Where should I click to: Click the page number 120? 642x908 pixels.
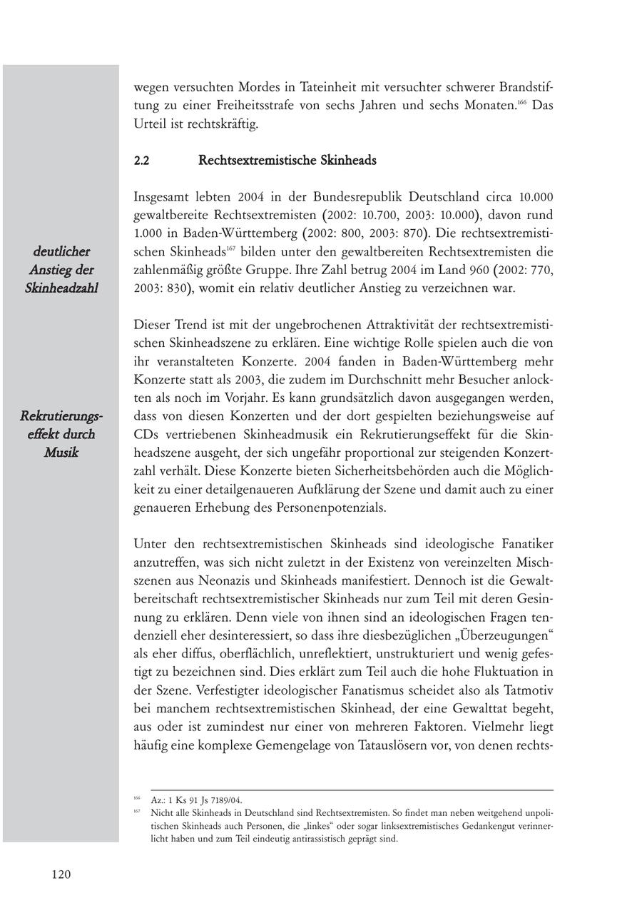61,874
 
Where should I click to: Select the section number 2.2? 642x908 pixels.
141,161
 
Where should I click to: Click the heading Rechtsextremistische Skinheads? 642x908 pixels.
287,161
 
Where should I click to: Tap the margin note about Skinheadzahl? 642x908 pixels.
61,270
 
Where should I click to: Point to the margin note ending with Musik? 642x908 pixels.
61,434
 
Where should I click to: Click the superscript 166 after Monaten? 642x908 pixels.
522,104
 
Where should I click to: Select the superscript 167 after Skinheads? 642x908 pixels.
230,248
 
